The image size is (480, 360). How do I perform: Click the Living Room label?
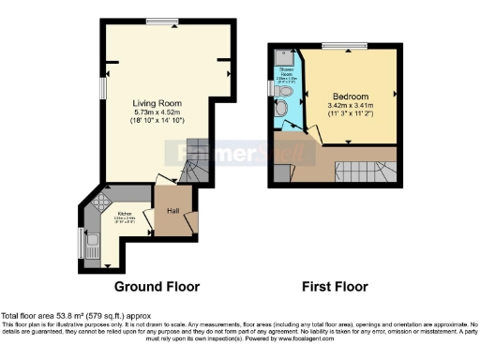point(156,103)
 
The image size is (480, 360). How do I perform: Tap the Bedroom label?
point(350,97)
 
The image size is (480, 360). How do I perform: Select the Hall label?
point(173,211)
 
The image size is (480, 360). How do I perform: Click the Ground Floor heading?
point(153,287)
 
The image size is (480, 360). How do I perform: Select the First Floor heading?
point(335,287)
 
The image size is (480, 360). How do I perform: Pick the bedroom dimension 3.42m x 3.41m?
point(350,107)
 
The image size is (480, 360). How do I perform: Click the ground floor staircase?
point(193,164)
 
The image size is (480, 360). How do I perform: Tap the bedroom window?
point(334,45)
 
